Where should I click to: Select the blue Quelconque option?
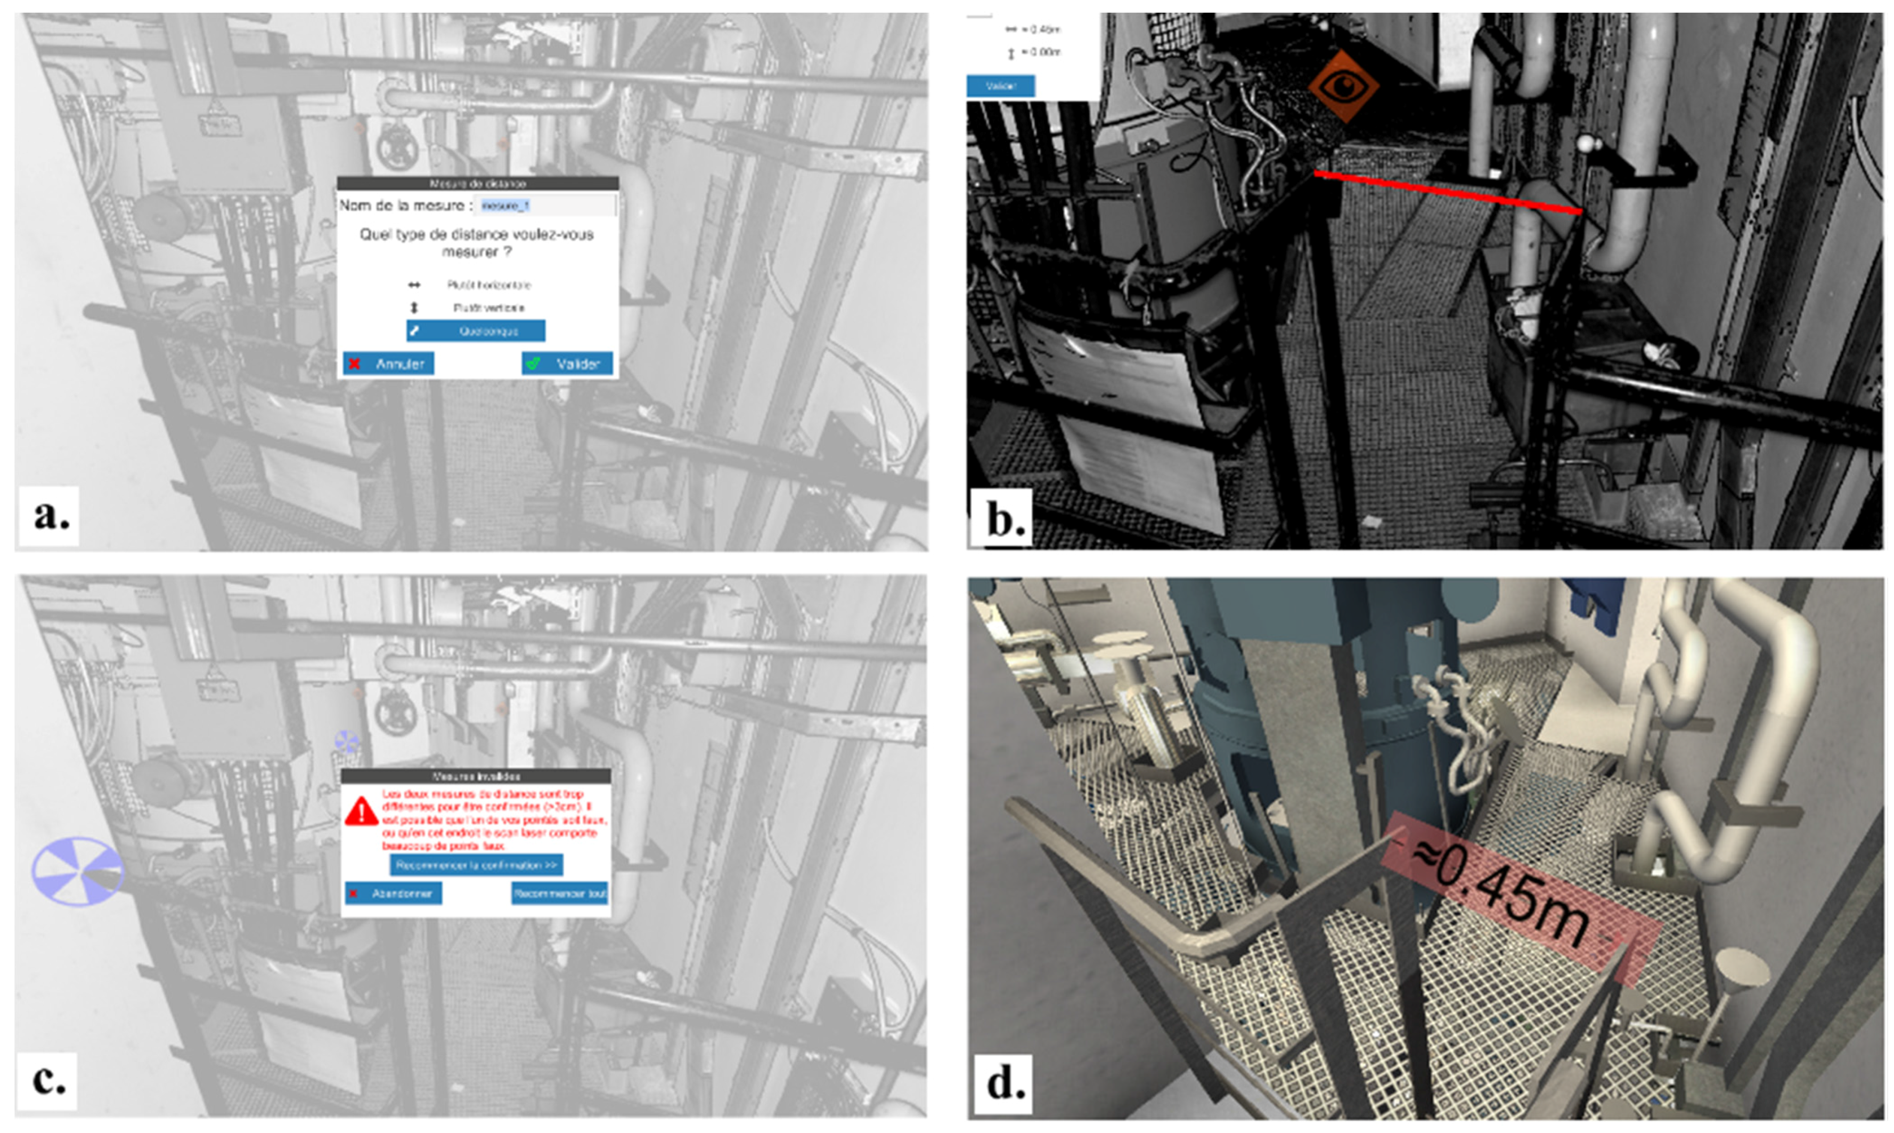coord(475,331)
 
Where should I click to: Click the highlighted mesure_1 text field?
coord(544,206)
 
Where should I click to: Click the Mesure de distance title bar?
coord(477,183)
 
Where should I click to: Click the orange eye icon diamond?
coord(1343,86)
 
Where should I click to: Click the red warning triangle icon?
coord(361,811)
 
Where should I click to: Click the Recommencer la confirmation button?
coord(477,865)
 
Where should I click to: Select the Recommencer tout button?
coord(559,893)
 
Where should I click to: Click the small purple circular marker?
coord(347,741)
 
